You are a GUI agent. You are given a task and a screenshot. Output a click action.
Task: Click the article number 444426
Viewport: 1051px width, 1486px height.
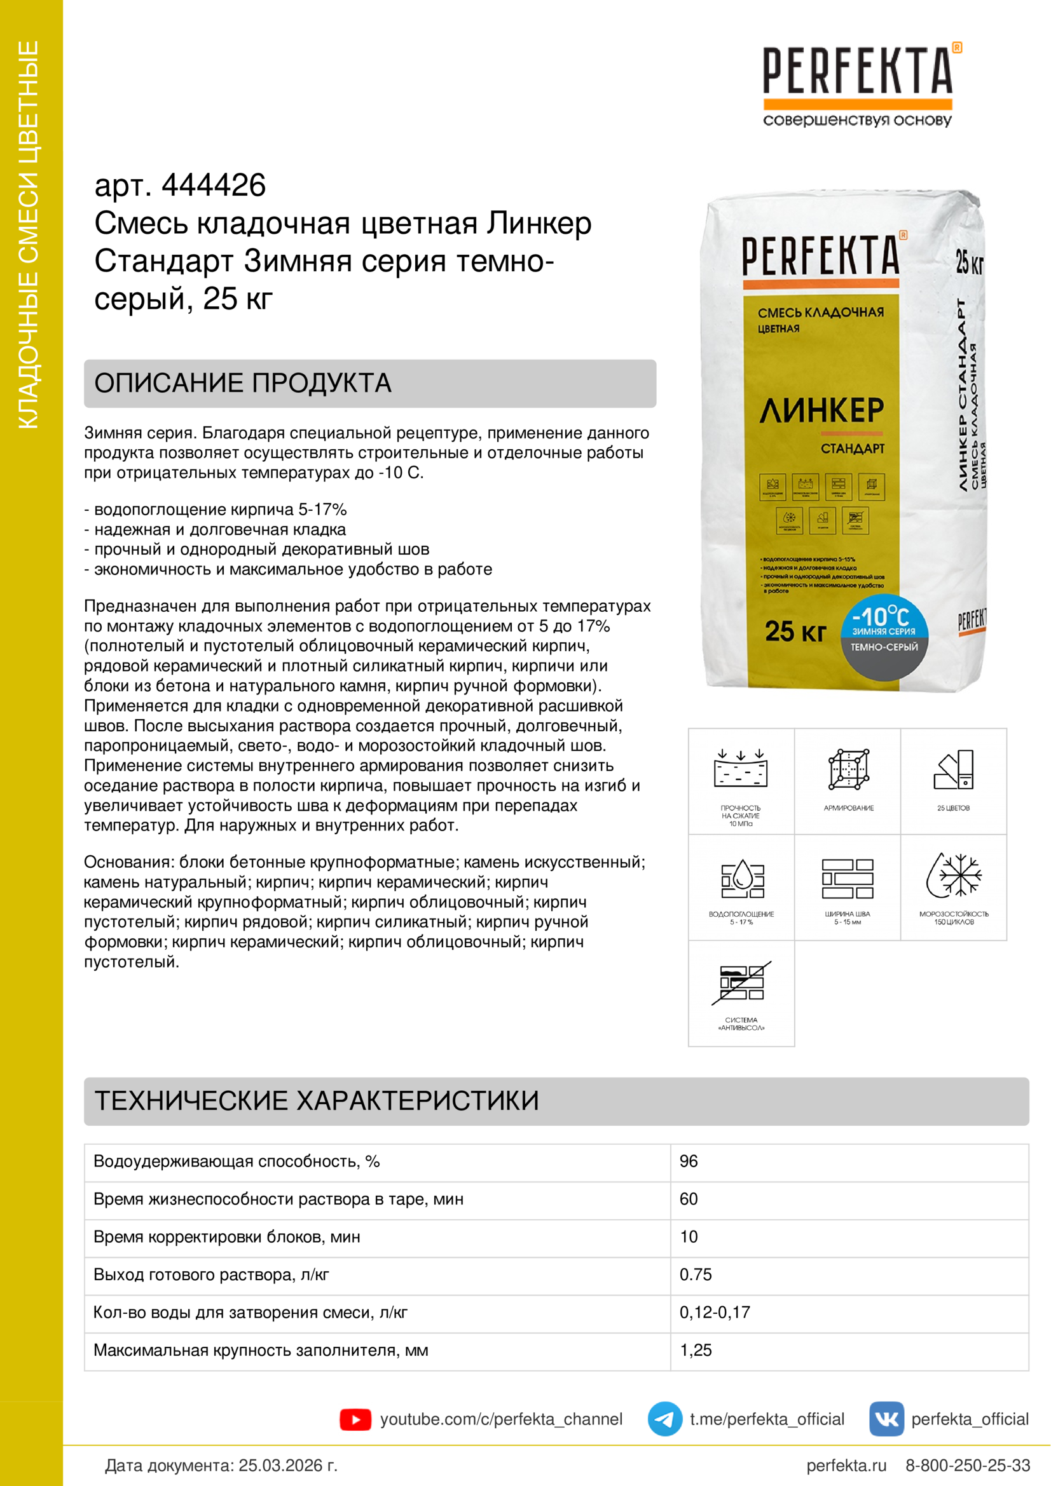pos(213,186)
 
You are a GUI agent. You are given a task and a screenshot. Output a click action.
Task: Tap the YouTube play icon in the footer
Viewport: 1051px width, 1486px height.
pos(355,1419)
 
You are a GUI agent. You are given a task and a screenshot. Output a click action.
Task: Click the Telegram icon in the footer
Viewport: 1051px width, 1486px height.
pos(664,1419)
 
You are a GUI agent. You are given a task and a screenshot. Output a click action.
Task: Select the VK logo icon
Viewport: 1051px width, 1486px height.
pos(886,1419)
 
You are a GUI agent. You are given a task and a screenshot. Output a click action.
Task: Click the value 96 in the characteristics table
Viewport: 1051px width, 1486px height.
pos(689,1161)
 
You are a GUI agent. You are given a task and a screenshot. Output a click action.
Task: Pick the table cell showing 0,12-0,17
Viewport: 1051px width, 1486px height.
pos(714,1312)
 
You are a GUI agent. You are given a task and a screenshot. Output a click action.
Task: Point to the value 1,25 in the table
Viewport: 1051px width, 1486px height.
pos(696,1349)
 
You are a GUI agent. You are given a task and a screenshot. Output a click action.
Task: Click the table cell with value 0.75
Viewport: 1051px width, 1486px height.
pos(696,1274)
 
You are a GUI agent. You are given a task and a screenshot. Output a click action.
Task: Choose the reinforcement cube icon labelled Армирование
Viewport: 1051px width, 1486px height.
pos(848,769)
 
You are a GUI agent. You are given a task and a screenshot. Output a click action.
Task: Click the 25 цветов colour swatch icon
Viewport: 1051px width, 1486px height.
pos(954,769)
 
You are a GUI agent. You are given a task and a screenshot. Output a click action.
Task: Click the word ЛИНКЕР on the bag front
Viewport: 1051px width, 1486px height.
pos(821,410)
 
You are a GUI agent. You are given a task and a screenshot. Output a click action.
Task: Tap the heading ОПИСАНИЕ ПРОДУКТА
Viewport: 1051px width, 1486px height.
pos(243,383)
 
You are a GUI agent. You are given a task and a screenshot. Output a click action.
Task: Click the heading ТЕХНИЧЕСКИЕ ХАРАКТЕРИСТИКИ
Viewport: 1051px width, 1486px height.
pos(317,1101)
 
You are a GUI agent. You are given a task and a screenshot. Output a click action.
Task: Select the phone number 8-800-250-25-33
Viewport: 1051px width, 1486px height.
pos(968,1465)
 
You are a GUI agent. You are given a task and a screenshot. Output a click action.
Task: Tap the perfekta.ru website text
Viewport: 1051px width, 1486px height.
pos(846,1465)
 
